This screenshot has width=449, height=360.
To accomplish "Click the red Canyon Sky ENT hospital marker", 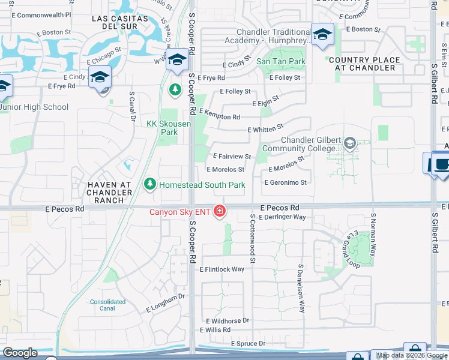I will pos(220,211).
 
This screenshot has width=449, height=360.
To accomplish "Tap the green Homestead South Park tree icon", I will pos(151,185).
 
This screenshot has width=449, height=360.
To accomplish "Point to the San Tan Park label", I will pos(281,61).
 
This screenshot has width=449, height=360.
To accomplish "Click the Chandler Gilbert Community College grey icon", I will pos(350,143).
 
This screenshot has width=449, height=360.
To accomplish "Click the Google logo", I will pos(20,353).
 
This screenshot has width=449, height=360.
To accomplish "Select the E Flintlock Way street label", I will pos(221,269).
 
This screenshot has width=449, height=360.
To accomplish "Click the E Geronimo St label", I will pos(286,182).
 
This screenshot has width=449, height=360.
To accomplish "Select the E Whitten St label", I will pos(265,129).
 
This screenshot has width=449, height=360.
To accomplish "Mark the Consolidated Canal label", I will pos(107,305).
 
